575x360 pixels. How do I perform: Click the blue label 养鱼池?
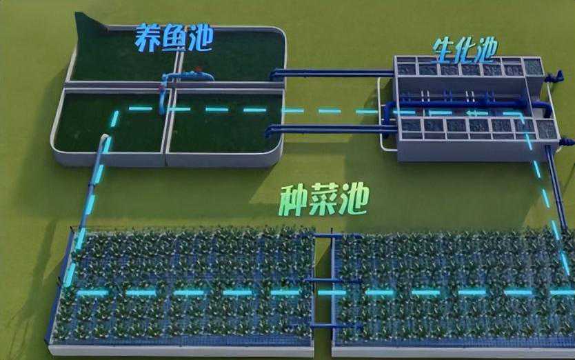point(174,38)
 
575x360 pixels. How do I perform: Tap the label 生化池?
point(465,50)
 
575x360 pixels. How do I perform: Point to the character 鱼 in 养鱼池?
point(174,38)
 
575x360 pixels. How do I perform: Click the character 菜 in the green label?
point(323,201)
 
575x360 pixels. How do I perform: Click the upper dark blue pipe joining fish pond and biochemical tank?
point(332,73)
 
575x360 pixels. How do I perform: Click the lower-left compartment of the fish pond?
point(111,122)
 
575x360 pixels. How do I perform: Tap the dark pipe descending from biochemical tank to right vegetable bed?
point(556,188)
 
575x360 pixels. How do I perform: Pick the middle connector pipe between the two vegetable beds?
point(323,281)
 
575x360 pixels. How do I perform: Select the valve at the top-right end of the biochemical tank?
point(554,77)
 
